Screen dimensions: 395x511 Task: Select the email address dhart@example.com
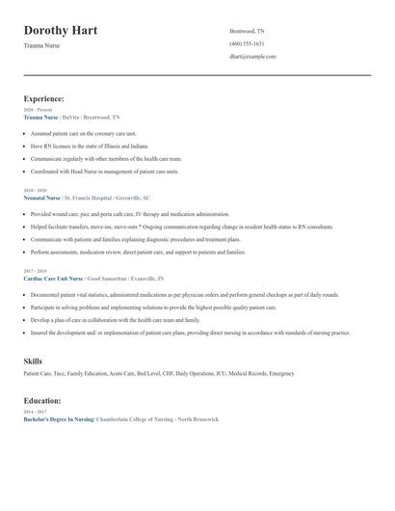click(x=252, y=56)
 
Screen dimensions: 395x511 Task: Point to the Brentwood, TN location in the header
click(x=247, y=31)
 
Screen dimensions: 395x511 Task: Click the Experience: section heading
click(x=44, y=98)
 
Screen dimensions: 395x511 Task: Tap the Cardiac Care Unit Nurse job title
click(x=54, y=277)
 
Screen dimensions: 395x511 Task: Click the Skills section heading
click(x=33, y=361)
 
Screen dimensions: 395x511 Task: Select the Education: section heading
click(x=42, y=400)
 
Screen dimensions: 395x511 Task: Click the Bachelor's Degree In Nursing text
click(x=58, y=419)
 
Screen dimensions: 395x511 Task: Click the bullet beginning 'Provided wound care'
click(x=116, y=213)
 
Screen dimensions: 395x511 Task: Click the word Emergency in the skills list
click(x=281, y=373)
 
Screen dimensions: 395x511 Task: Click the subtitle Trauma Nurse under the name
click(x=41, y=45)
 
